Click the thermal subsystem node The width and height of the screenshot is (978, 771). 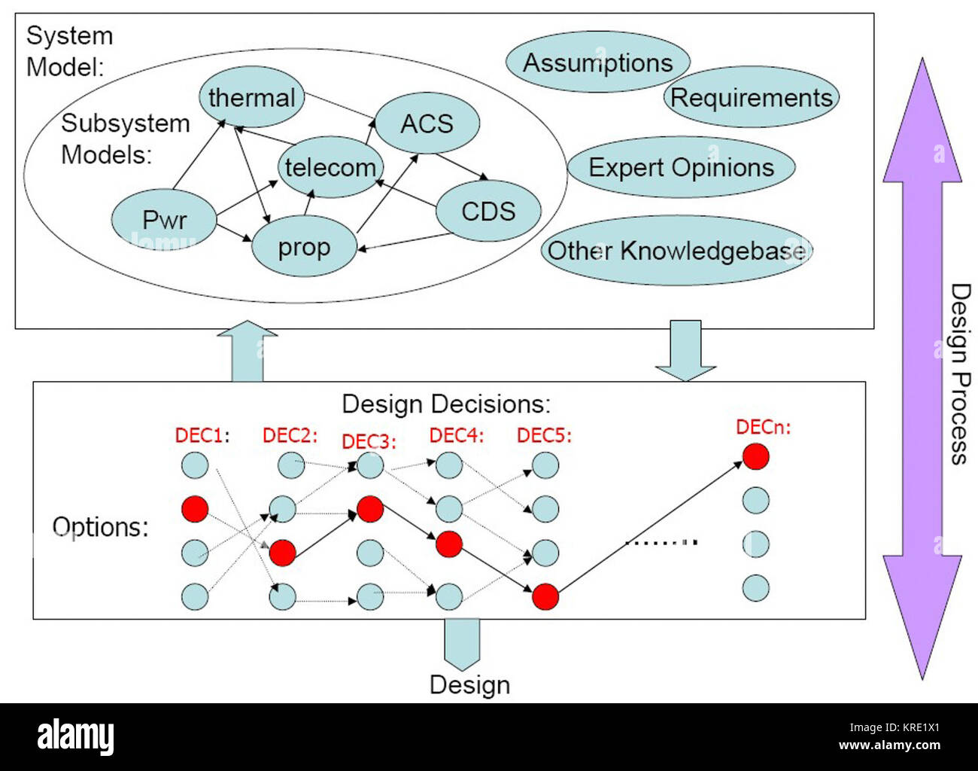pos(251,98)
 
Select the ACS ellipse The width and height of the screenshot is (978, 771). pos(427,123)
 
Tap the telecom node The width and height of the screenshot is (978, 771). pos(330,167)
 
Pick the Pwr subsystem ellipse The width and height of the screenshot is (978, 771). pos(164,220)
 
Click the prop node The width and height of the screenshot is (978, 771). pos(304,247)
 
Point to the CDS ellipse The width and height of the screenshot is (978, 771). pos(488,211)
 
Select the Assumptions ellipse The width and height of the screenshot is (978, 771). pos(597,62)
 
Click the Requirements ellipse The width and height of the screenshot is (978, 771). pos(751,97)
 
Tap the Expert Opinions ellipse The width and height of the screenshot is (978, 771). pos(681,167)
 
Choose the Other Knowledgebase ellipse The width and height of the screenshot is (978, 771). pos(676,251)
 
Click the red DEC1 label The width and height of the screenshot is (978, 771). pos(202,435)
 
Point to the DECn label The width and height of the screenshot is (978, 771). pos(763,428)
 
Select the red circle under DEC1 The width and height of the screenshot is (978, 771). pos(195,509)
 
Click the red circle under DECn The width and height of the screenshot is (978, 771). pos(755,456)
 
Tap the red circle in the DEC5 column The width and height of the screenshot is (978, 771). pos(545,596)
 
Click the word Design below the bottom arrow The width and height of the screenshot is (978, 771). pos(469,684)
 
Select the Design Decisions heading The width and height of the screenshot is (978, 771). pos(446,404)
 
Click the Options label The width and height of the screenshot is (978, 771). pos(100,526)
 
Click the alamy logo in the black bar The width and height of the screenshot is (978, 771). pos(75,736)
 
